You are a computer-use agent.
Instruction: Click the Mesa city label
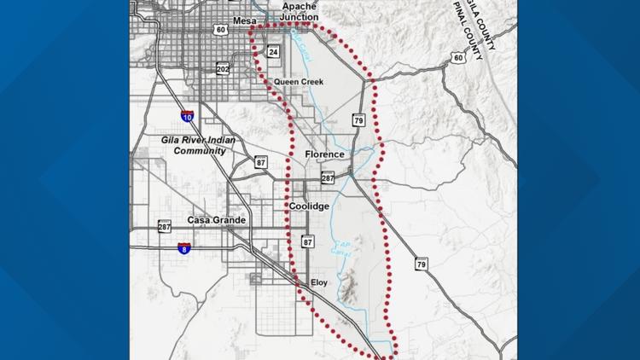(x=244, y=20)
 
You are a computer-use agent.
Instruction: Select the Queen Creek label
(x=294, y=82)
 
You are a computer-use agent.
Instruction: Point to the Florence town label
(x=324, y=154)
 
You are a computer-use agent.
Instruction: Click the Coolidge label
(x=309, y=206)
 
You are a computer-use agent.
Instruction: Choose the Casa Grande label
(x=217, y=220)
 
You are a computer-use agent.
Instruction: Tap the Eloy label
(x=319, y=282)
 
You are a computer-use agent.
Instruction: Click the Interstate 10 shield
(x=187, y=116)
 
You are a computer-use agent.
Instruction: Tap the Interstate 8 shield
(x=183, y=248)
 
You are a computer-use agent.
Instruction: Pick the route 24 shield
(x=273, y=52)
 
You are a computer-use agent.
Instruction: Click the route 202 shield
(x=223, y=68)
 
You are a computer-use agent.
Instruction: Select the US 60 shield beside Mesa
(x=220, y=30)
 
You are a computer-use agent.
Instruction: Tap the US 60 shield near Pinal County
(x=457, y=58)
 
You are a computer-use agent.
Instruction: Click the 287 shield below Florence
(x=328, y=178)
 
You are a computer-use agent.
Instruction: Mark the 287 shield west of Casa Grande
(x=165, y=227)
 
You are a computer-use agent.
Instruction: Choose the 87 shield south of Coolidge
(x=308, y=243)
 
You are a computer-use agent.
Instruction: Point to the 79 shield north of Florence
(x=359, y=120)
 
